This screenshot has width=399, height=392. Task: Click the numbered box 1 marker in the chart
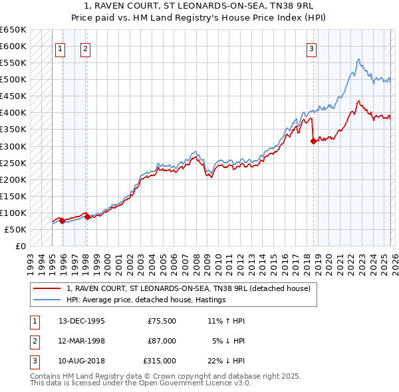[x=61, y=48]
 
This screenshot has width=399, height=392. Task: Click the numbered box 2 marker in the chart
[x=86, y=48]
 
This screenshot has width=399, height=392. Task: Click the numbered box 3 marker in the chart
[x=311, y=48]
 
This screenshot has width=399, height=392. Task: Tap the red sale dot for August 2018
[x=313, y=141]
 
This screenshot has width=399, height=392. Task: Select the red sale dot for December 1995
[x=63, y=221]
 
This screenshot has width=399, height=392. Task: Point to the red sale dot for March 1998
[x=87, y=217]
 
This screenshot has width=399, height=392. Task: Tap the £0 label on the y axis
[x=20, y=246]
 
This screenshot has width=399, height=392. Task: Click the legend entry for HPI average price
[x=146, y=300]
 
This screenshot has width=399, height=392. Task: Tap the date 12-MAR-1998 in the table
[x=81, y=341]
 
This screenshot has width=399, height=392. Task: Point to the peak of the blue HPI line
[x=358, y=59]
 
